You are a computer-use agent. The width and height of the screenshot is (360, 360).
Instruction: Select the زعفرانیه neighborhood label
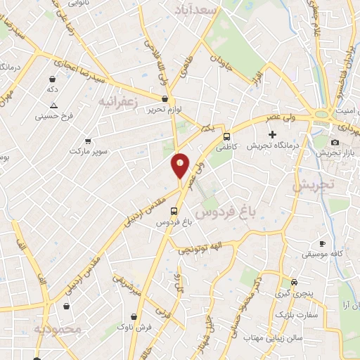pos(115,103)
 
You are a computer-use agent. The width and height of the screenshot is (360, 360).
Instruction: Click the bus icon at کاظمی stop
pos(226,136)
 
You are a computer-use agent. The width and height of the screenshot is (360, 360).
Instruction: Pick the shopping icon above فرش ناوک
pos(133,316)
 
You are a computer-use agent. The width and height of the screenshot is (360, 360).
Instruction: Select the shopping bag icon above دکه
pos(52,79)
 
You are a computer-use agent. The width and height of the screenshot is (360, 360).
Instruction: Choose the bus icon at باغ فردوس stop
pos(174,210)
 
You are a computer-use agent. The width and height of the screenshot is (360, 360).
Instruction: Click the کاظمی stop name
pos(226,148)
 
